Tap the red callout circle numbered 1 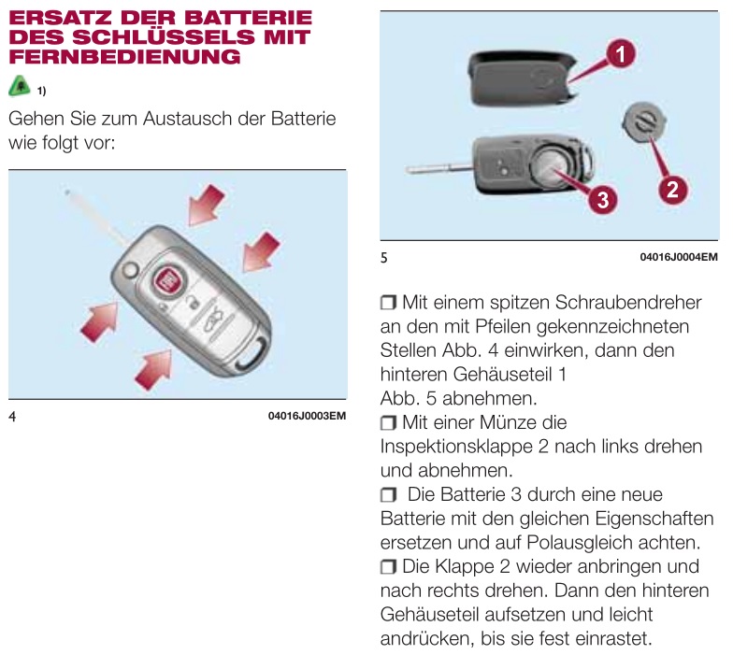[619, 54]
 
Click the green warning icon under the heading [20, 87]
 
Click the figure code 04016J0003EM [307, 415]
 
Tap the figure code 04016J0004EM [678, 256]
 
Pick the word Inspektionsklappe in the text [458, 447]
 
